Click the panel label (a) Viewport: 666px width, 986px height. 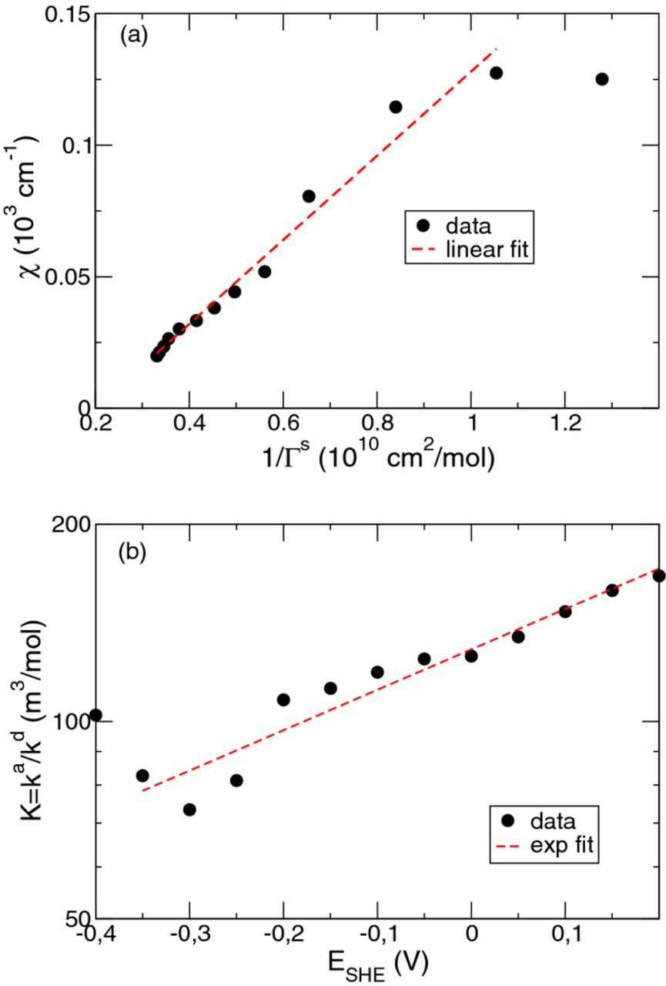coord(133,36)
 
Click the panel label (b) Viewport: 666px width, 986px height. coord(133,553)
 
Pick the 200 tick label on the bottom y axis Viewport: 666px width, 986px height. coord(70,525)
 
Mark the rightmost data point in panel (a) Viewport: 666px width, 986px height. coord(602,79)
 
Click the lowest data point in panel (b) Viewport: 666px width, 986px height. coord(189,810)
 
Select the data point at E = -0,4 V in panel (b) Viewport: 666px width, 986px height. coord(95,715)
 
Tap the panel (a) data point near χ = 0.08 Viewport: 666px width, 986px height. coord(309,196)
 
